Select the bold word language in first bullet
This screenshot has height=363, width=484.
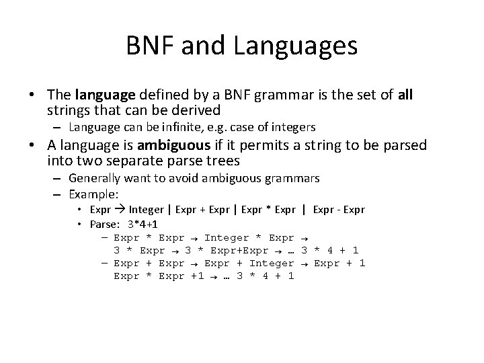click(104, 95)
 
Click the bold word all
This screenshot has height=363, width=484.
click(405, 95)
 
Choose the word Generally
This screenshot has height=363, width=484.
click(92, 178)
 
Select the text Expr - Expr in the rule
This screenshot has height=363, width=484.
click(339, 209)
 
